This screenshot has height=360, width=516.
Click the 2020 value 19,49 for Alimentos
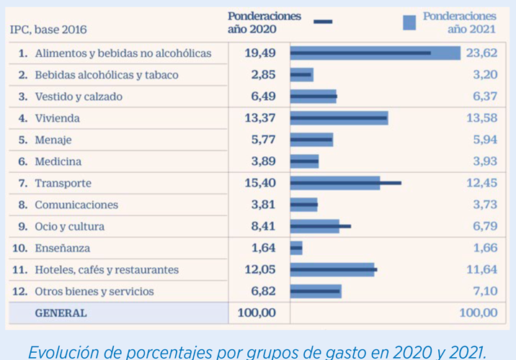tap(259, 53)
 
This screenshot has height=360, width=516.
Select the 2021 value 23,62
tap(481, 53)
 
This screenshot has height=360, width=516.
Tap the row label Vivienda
tap(57, 118)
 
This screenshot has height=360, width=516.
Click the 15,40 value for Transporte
tap(259, 183)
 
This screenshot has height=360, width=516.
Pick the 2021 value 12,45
tap(481, 183)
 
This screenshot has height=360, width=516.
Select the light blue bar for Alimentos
tap(375, 53)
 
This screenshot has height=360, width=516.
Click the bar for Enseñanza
tap(296, 248)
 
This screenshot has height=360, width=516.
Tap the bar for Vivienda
tap(339, 118)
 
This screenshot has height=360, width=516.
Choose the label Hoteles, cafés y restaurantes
tap(106, 270)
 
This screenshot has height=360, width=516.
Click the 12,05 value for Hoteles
tap(259, 270)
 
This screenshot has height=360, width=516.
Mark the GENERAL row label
tap(61, 313)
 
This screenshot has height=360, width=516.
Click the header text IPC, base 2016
tap(48, 30)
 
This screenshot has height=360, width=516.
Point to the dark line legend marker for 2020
tap(324, 22)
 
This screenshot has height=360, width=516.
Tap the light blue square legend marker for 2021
tap(410, 22)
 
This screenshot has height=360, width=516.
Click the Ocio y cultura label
tap(69, 227)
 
